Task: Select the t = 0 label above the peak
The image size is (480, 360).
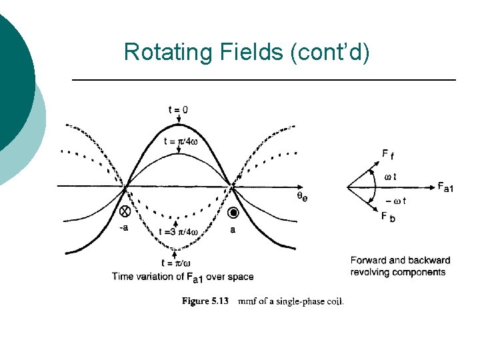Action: click(x=178, y=109)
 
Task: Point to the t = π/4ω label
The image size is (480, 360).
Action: click(x=180, y=141)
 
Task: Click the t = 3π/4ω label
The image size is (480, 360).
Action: click(x=179, y=232)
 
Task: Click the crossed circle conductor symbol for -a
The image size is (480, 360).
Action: click(x=124, y=211)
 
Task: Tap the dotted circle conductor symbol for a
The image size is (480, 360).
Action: click(x=233, y=213)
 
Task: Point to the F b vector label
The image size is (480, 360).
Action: click(x=387, y=217)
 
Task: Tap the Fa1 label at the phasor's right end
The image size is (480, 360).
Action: click(x=446, y=187)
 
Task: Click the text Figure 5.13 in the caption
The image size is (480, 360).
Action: click(x=205, y=301)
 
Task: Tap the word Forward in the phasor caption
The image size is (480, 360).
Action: click(x=370, y=261)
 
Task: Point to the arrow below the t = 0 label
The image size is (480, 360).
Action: click(x=179, y=120)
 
